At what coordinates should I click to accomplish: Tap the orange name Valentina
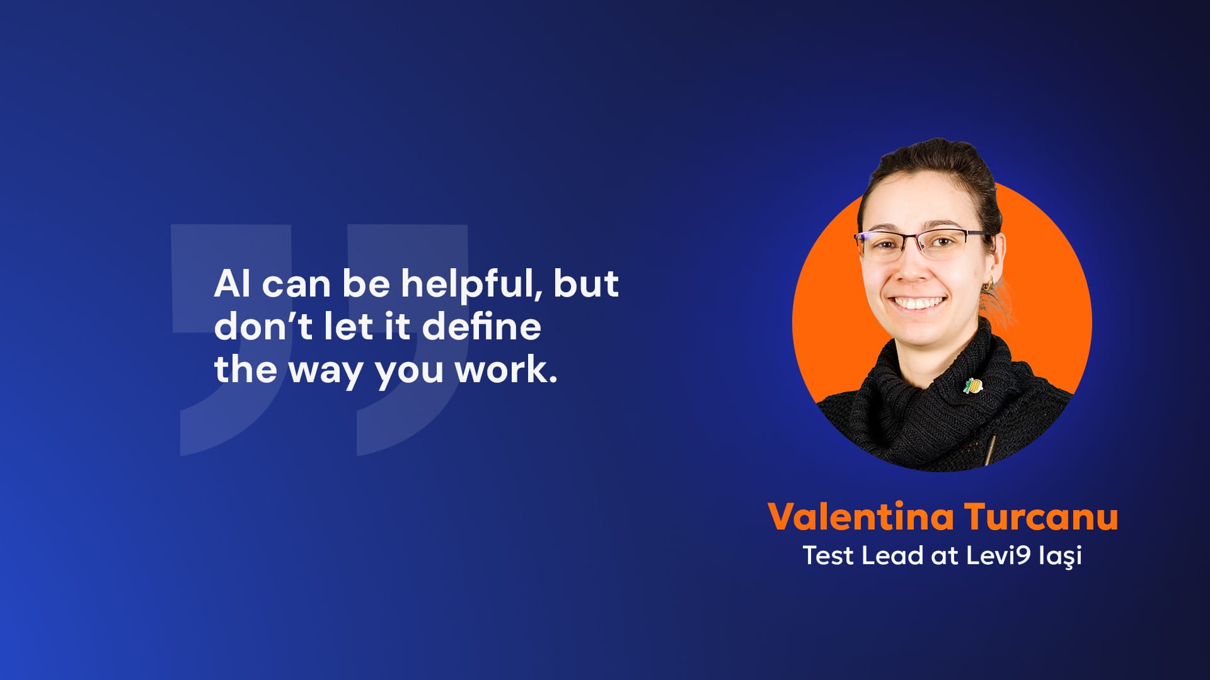click(x=861, y=516)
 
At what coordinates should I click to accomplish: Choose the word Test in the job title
click(x=828, y=555)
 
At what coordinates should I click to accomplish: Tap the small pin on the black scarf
click(x=973, y=385)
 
